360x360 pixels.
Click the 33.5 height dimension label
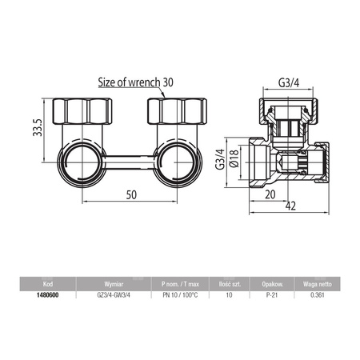38,127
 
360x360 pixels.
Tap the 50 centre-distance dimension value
131,195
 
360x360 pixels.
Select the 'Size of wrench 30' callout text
136,82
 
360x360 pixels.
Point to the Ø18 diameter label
234,158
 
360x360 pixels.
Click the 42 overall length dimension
290,206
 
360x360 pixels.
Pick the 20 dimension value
270,194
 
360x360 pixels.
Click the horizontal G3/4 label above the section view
289,83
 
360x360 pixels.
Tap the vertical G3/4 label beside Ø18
220,159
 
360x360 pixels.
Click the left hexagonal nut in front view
82,111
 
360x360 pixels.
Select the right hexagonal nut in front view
178,111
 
